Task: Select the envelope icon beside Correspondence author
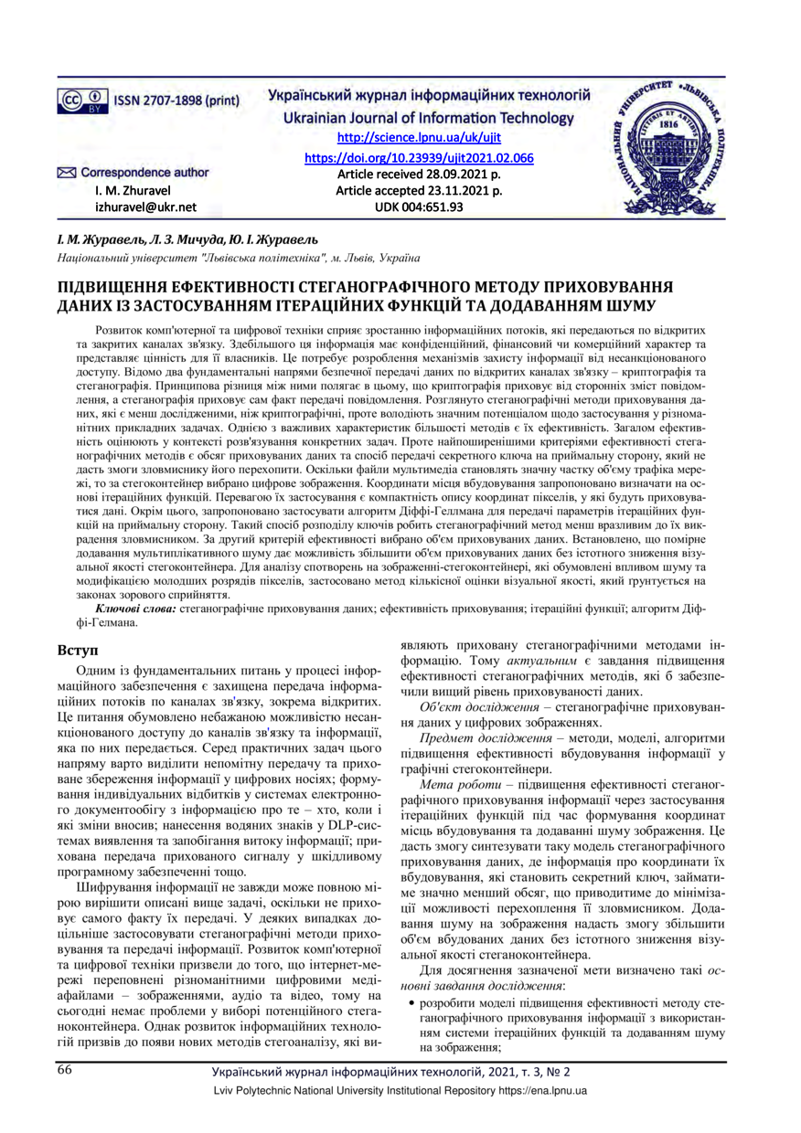coord(66,173)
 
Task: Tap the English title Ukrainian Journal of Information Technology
coord(429,118)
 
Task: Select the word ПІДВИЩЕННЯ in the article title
coord(117,287)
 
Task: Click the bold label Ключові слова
coord(136,607)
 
